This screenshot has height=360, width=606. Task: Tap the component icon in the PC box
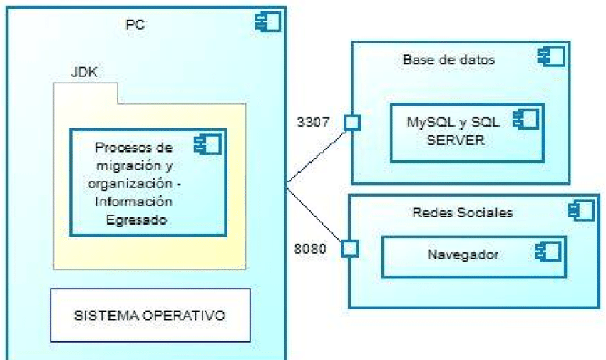267,22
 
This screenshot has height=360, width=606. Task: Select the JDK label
85,72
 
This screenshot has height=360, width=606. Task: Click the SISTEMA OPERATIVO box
150,315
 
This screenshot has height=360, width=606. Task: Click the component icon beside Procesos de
207,145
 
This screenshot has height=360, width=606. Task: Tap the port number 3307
313,122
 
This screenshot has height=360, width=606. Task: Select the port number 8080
312,249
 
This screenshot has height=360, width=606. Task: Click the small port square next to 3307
351,123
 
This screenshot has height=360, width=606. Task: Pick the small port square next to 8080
349,249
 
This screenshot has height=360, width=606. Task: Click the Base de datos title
448,60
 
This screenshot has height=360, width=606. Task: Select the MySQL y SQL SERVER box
466,132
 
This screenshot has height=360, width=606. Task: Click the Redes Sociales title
463,212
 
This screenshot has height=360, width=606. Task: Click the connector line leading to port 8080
316,215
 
